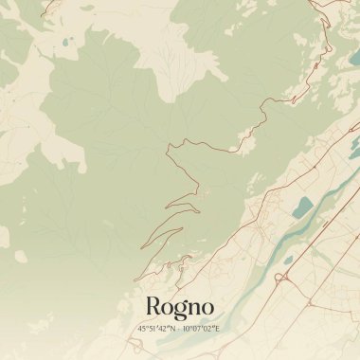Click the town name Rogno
click(x=180, y=306)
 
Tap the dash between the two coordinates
click(x=180, y=328)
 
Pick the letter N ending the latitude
click(x=173, y=328)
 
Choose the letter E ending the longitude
click(x=217, y=328)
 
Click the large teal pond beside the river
click(x=303, y=207)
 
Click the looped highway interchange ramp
click(x=280, y=278)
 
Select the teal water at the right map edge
click(x=355, y=142)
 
